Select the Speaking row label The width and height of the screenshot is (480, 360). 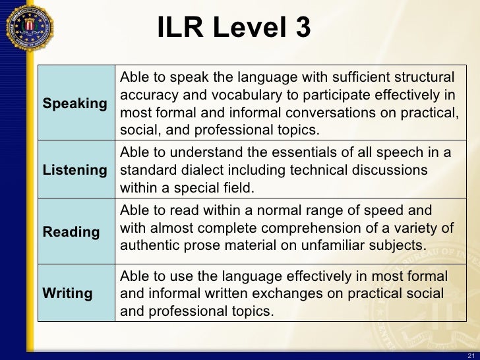pos(75,104)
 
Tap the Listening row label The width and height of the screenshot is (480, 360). pos(75,171)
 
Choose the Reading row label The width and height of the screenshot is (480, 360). pos(71,232)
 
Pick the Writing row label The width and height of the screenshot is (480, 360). pos(67,293)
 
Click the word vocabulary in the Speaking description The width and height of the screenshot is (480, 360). pos(255,94)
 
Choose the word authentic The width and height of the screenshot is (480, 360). pos(148,245)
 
